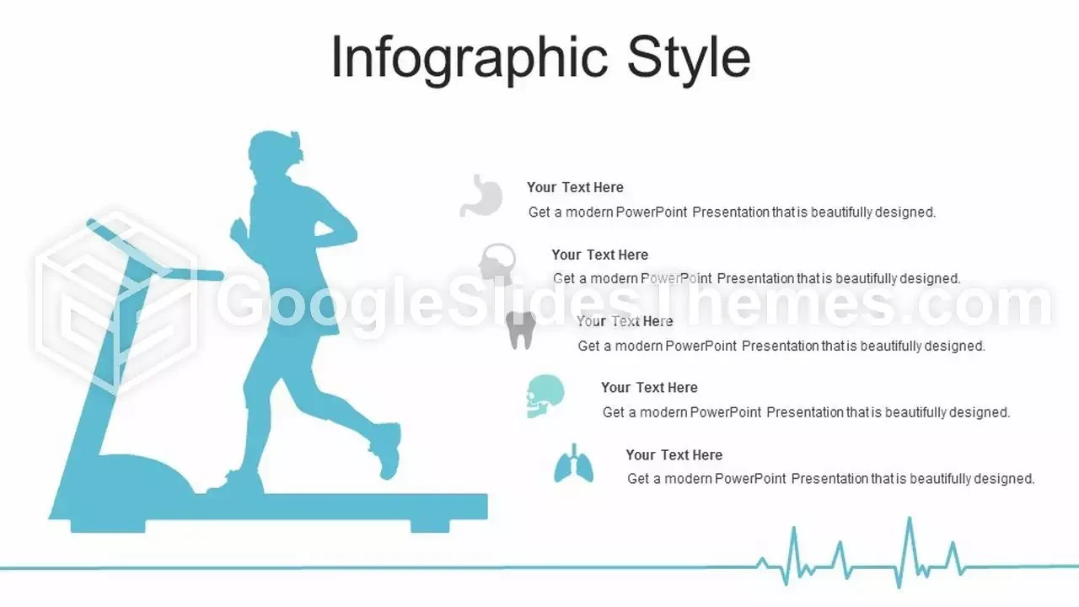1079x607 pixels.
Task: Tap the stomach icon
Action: coord(481,196)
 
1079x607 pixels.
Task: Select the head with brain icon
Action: coord(497,263)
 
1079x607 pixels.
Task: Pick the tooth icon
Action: coord(521,330)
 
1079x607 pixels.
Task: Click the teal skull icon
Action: coord(545,396)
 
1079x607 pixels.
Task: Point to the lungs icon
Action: coord(573,464)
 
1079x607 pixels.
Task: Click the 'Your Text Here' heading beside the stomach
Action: coord(575,187)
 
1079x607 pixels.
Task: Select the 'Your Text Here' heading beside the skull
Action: coord(649,388)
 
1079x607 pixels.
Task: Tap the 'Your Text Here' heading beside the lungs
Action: coord(674,455)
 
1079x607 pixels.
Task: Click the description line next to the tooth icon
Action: coord(781,346)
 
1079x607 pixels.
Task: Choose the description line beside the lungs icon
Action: coord(831,480)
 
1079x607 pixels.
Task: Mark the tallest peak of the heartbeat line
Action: coord(910,518)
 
